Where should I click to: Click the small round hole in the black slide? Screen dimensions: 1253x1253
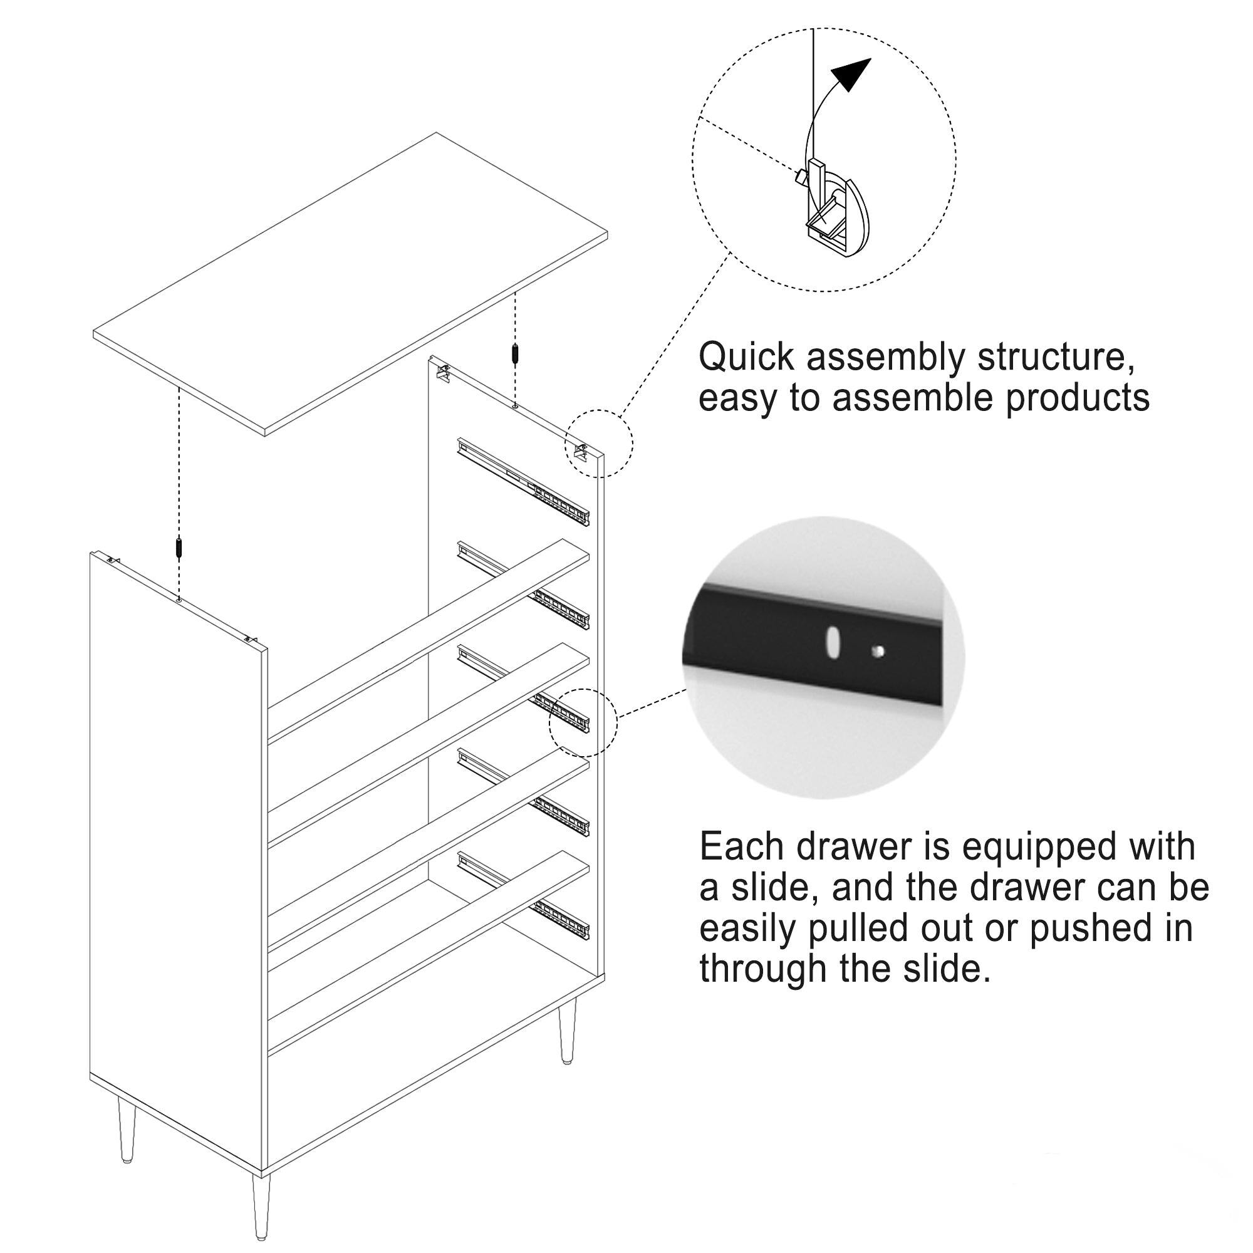878,650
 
